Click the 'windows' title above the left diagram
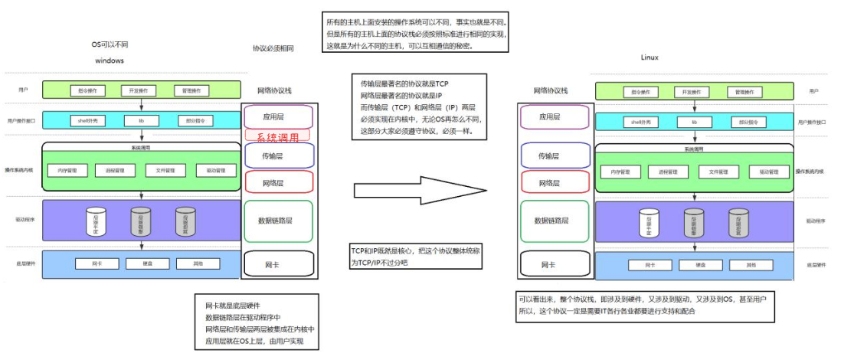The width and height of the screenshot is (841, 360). coord(110,60)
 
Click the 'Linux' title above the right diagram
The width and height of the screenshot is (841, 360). coord(649,57)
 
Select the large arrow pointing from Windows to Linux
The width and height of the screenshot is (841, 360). coord(420,189)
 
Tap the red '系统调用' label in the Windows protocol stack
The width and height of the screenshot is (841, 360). coord(277,136)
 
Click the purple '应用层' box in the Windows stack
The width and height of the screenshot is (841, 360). coord(278,116)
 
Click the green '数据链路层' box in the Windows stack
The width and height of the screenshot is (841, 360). coord(278,221)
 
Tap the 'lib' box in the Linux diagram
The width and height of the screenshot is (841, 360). coord(694,123)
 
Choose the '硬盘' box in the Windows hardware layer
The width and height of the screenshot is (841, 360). coord(141,264)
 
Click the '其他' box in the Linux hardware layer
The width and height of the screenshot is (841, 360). coord(740,265)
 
